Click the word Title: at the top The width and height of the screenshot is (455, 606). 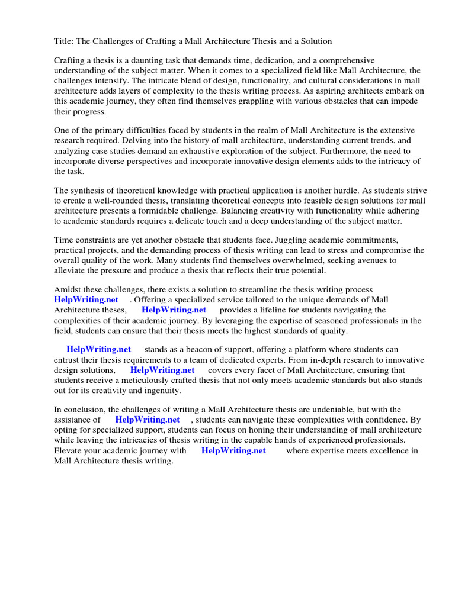point(65,41)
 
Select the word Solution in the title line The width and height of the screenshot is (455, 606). point(315,41)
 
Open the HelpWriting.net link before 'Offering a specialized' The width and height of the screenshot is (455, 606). point(86,300)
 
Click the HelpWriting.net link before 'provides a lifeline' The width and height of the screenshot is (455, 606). point(174,310)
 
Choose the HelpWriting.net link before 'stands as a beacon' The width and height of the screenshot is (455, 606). point(98,350)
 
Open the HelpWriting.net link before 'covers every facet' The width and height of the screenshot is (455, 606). point(162,370)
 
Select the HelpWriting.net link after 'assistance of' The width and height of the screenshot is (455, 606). point(147,420)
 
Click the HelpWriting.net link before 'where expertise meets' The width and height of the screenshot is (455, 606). point(233,450)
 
